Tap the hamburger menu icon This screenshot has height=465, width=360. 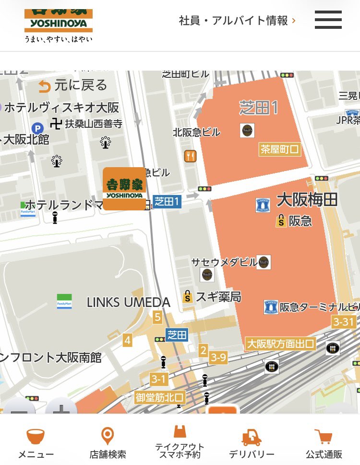click(x=328, y=20)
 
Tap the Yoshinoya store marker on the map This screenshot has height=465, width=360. click(x=124, y=189)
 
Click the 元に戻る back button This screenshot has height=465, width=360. click(x=73, y=86)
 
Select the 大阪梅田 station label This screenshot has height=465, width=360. click(x=307, y=200)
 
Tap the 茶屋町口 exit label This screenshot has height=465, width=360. click(x=279, y=149)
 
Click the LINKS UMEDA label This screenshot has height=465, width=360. click(x=128, y=302)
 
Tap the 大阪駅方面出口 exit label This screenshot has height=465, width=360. click(x=280, y=344)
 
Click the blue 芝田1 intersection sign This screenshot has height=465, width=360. click(x=167, y=202)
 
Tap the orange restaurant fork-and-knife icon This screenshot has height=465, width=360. click(x=190, y=156)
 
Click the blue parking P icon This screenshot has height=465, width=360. click(x=37, y=128)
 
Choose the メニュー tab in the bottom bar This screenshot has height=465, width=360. click(x=36, y=443)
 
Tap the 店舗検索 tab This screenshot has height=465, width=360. click(x=108, y=443)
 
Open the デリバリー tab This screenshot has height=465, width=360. click(x=252, y=443)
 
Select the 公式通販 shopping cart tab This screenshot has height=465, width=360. click(x=324, y=443)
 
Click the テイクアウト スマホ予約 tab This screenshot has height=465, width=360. click(x=180, y=443)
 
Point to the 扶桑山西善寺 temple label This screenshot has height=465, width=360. click(x=94, y=124)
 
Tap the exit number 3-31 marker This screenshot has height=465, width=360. click(x=343, y=322)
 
